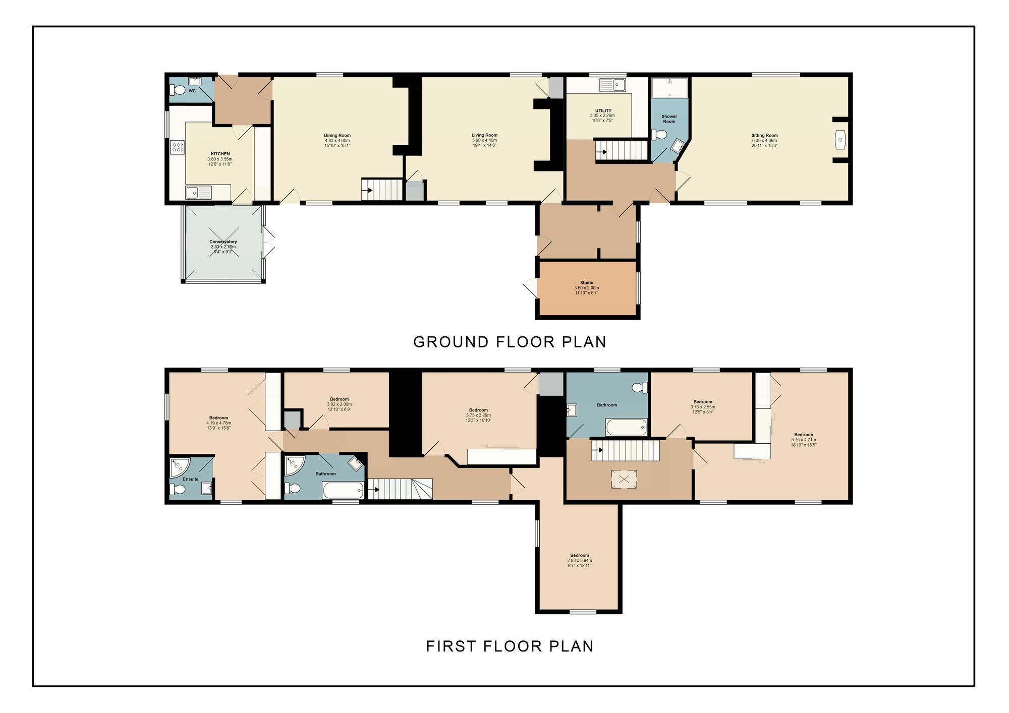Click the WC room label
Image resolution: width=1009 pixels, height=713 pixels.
click(x=192, y=91)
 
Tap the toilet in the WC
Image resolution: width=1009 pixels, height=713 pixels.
click(x=177, y=90)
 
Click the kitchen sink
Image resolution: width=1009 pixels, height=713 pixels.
click(x=198, y=192)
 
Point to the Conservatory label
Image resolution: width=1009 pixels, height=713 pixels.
click(x=223, y=242)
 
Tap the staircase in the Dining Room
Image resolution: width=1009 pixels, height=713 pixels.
click(x=382, y=190)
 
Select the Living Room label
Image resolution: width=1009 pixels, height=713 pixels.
click(x=484, y=135)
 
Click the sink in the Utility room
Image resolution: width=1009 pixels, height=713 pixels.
click(x=613, y=85)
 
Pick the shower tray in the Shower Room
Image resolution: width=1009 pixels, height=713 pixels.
click(x=669, y=87)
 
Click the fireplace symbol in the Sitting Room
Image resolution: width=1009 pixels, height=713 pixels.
click(x=840, y=140)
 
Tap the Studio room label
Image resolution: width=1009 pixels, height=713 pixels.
click(x=586, y=283)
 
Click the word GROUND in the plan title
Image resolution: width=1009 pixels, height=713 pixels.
click(x=451, y=342)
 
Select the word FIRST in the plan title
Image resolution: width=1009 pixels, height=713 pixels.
click(x=451, y=646)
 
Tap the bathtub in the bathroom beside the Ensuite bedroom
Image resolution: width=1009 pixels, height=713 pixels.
click(x=343, y=490)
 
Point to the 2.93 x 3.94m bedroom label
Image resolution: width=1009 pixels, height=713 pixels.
click(x=579, y=555)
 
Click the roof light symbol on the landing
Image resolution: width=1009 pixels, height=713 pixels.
click(x=624, y=479)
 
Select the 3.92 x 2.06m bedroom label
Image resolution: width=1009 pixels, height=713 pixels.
click(x=339, y=399)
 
